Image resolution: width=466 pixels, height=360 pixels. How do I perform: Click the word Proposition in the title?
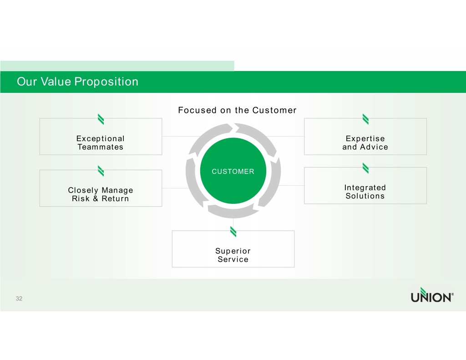(106, 82)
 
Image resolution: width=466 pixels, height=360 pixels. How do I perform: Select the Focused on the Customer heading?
(237, 110)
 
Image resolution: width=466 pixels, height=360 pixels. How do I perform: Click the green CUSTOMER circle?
(233, 171)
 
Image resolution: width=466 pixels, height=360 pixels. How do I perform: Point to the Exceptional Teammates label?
(101, 143)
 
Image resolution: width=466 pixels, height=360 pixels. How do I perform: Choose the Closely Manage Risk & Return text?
(101, 194)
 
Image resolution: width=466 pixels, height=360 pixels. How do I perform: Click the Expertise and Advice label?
(365, 143)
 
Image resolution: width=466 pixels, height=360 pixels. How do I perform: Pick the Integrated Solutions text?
(365, 192)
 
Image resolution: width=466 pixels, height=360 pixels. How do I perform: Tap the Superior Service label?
(233, 255)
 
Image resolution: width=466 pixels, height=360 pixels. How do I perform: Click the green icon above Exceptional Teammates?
(101, 119)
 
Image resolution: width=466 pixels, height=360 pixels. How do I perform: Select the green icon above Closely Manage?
(101, 171)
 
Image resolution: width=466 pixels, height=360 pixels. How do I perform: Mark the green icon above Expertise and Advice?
(365, 119)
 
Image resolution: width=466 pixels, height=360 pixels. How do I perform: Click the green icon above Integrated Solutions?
(365, 168)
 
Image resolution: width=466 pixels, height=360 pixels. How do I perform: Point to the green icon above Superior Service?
(233, 232)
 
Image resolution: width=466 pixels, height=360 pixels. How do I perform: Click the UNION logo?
(432, 295)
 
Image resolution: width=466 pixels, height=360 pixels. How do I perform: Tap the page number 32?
(19, 299)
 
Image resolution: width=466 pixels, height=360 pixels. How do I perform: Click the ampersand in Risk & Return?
(96, 198)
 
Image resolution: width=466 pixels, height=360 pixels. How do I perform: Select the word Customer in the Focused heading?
(274, 110)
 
